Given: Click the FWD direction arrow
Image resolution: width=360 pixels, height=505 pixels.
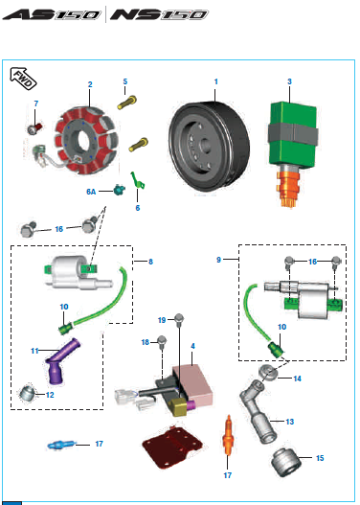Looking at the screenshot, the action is coord(24,79).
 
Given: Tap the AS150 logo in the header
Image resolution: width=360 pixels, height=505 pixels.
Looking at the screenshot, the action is coord(52,14).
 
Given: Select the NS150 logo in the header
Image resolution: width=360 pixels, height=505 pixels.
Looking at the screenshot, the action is coord(159,14).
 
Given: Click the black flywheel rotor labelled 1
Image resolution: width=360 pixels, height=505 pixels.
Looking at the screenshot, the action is coord(209,147).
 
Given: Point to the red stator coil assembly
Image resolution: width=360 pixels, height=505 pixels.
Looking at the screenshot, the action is coord(86,141).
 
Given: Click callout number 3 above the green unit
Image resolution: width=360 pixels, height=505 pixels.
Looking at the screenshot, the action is coord(289,81).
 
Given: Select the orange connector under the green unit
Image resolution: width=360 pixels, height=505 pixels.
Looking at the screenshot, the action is coord(288,188).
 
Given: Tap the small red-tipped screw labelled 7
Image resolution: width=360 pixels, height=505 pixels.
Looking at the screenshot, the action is coord(34,128).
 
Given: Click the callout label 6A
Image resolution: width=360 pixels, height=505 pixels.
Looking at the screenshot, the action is coord(91,192).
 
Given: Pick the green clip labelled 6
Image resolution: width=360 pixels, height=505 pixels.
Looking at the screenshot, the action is coord(138,180).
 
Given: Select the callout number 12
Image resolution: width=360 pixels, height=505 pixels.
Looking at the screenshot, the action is coord(50,395).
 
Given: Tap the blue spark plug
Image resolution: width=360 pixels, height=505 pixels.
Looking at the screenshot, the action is coord(61,445).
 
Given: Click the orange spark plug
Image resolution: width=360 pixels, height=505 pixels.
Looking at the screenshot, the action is coord(228,435).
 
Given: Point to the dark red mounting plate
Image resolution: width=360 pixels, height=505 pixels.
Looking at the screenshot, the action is coord(172,447).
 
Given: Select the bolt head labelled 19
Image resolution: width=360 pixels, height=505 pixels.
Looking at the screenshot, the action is coord(179,319).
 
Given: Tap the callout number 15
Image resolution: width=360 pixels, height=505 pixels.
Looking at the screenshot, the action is coord(320,458).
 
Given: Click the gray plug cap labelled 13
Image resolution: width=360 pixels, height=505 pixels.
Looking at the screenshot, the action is coord(258,410).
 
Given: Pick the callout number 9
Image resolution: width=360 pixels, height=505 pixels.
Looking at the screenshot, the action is coord(218,260).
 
